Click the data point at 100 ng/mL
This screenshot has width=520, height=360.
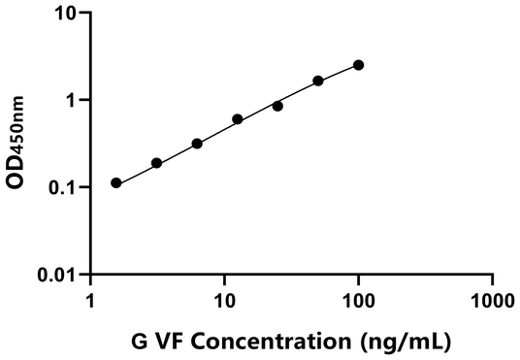point(359,65)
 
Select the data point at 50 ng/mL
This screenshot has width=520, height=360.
point(318,81)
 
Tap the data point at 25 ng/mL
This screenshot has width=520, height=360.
point(277,106)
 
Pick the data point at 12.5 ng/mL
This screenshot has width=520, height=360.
point(238,119)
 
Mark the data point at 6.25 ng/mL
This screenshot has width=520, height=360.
point(197,144)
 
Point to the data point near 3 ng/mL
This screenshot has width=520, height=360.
point(156,163)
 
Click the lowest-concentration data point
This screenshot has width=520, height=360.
point(116,182)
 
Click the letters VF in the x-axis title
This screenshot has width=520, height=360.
point(174,342)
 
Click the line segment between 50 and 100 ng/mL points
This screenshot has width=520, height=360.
point(339,73)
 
